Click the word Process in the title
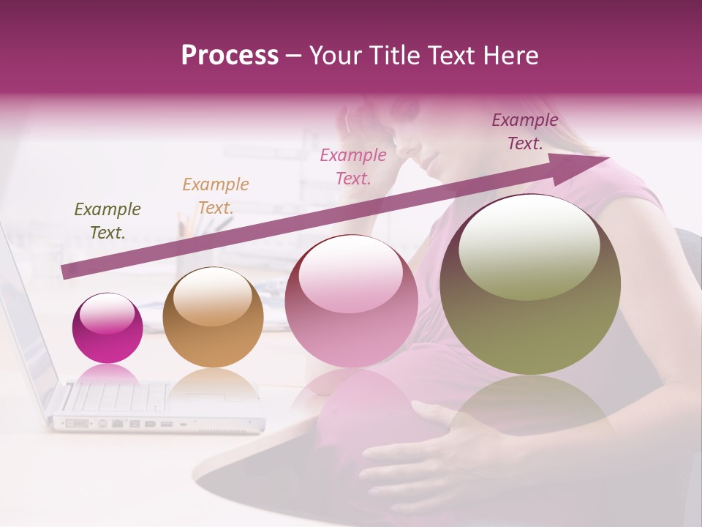tap(230, 56)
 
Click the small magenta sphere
tap(107, 328)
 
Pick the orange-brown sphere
tap(213, 317)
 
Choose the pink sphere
tap(351, 301)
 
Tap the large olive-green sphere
tap(530, 284)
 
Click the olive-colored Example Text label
tap(107, 221)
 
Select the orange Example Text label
tap(216, 196)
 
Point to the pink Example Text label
tap(353, 166)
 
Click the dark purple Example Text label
tap(525, 132)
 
